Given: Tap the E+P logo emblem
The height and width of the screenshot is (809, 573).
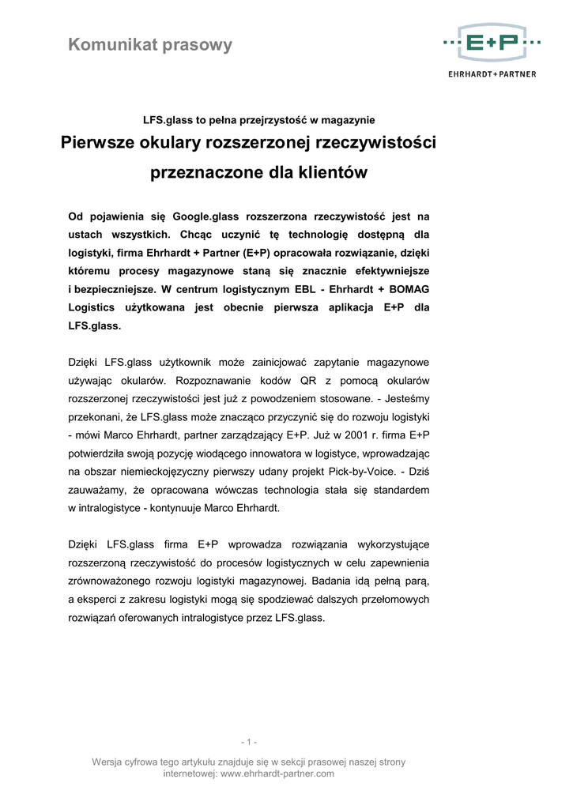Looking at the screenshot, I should (x=492, y=42).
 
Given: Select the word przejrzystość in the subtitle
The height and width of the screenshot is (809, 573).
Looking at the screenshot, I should (x=276, y=120).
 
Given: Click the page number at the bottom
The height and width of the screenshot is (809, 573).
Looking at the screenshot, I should (x=249, y=742).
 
